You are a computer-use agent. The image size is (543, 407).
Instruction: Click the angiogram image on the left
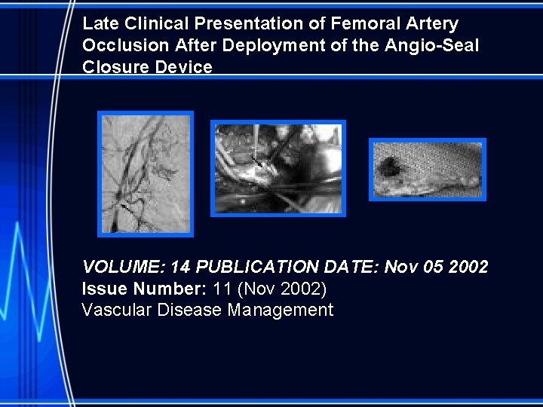tap(146, 173)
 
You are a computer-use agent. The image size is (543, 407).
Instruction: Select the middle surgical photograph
tap(278, 168)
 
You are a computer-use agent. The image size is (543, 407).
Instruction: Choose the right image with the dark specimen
tap(427, 170)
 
